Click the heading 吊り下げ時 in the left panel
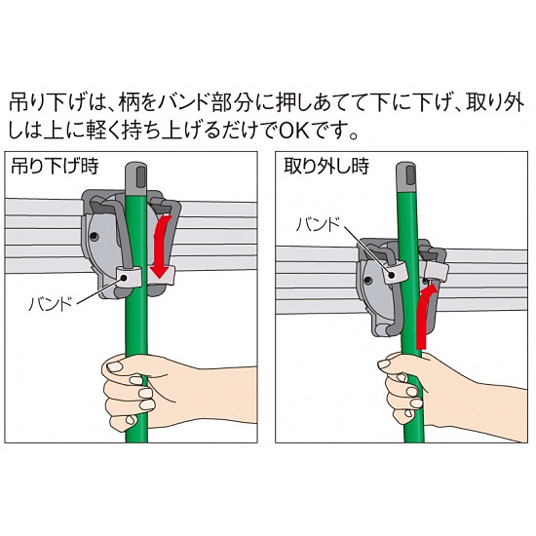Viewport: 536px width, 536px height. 55,166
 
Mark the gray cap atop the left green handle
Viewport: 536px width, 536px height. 137,174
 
